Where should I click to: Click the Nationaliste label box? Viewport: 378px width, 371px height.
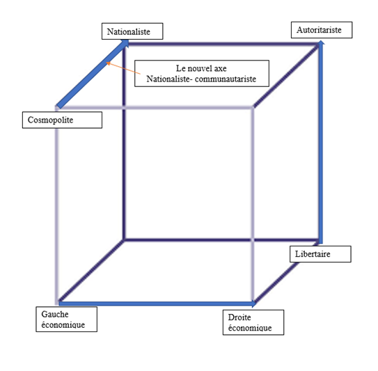[132, 31]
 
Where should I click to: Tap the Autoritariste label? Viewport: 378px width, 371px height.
[322, 30]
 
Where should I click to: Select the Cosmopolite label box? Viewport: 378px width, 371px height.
[62, 120]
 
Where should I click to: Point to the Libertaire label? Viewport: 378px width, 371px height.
[320, 254]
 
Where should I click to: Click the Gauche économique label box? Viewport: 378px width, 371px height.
[67, 319]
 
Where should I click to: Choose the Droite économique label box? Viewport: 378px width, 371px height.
[253, 322]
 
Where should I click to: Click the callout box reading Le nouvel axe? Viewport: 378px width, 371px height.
[202, 74]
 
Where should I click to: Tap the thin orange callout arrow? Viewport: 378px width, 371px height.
[123, 68]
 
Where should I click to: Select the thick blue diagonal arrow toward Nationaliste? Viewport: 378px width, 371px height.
[93, 74]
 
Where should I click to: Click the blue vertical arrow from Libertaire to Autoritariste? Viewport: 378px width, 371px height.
[321, 142]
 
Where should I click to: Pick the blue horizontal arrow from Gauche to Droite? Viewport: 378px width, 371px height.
[157, 303]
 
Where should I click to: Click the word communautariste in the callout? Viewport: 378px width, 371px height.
[226, 79]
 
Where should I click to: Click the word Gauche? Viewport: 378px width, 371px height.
[55, 314]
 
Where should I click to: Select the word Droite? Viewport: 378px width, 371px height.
[239, 317]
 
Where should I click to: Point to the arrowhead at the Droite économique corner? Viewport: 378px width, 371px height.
[253, 303]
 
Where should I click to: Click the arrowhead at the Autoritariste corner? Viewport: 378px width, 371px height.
[321, 42]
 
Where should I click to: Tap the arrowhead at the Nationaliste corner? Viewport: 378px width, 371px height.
[125, 42]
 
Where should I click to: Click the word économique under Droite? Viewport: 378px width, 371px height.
[250, 328]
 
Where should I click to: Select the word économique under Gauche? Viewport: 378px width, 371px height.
[63, 325]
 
